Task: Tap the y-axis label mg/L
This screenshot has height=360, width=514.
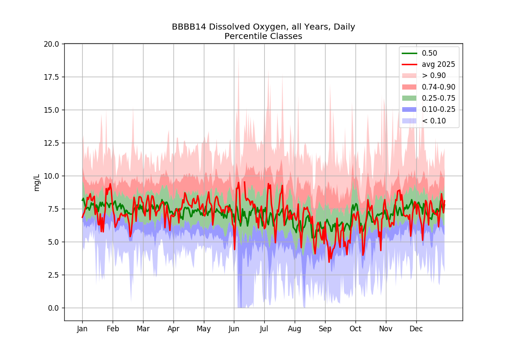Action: pyautogui.click(x=37, y=183)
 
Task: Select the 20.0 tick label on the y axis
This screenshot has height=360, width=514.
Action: pyautogui.click(x=51, y=44)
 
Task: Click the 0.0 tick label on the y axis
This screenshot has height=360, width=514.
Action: pyautogui.click(x=54, y=308)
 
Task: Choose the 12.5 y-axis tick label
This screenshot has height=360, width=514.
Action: pyautogui.click(x=51, y=143)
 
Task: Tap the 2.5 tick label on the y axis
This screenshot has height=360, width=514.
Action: pyautogui.click(x=54, y=275)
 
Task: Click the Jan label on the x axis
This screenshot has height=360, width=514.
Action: pyautogui.click(x=82, y=329)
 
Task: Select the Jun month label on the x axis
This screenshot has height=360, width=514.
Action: pyautogui.click(x=234, y=329)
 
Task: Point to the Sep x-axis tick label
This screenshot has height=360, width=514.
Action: pyautogui.click(x=325, y=329)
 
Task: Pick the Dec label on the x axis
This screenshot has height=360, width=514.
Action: pyautogui.click(x=416, y=329)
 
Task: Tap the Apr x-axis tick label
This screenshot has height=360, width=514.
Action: pyautogui.click(x=173, y=329)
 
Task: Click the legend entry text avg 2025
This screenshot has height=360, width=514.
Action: pyautogui.click(x=439, y=65)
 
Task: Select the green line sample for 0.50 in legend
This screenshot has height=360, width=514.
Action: pyautogui.click(x=409, y=53)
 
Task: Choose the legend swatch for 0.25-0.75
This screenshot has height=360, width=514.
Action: pyautogui.click(x=409, y=98)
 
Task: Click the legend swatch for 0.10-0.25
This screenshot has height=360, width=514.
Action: pyautogui.click(x=409, y=110)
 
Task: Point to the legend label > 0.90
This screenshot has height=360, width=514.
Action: pyautogui.click(x=434, y=75)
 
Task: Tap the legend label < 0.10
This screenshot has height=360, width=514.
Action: pyautogui.click(x=434, y=121)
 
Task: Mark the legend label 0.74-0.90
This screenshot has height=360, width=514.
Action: pyautogui.click(x=439, y=87)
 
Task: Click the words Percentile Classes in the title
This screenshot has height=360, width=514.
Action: pyautogui.click(x=263, y=36)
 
